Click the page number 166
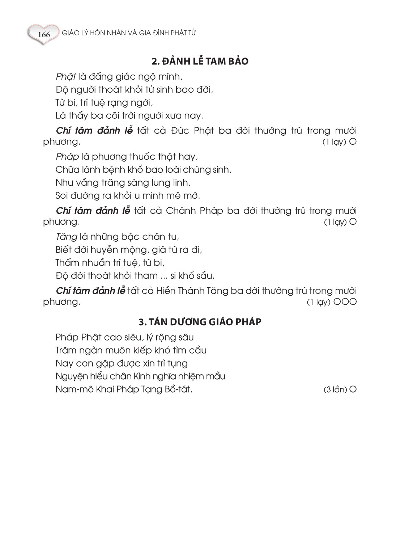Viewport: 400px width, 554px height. coord(43,35)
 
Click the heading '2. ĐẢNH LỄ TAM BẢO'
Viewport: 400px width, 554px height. coord(200,61)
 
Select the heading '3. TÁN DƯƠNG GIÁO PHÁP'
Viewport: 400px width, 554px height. coord(200,322)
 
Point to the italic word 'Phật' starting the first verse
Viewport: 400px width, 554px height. coord(66,77)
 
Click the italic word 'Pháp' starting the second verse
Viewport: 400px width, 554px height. coord(67,157)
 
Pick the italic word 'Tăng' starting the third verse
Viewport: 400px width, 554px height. coord(67,237)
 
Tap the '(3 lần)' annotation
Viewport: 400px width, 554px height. coord(335,390)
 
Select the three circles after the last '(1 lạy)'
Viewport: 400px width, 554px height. coord(345,302)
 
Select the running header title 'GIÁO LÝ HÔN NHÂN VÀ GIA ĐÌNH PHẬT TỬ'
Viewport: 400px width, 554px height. coord(129,33)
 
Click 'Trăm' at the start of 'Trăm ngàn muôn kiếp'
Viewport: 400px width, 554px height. coord(66,350)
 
